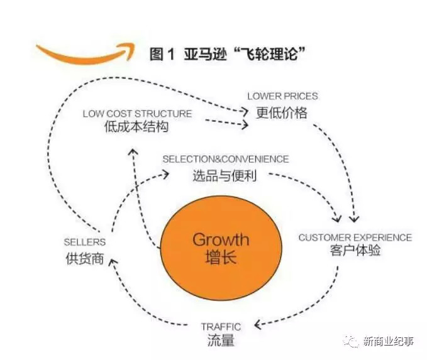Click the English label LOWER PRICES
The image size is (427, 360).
click(x=282, y=96)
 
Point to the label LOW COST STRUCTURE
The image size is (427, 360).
click(x=137, y=114)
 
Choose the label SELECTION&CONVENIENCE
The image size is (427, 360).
click(x=226, y=160)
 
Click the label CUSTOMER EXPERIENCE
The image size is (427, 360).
click(x=355, y=237)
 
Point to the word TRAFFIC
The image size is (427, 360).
click(x=221, y=327)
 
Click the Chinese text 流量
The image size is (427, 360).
click(x=221, y=341)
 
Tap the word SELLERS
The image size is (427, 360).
click(x=85, y=242)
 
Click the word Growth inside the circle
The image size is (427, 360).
click(x=220, y=239)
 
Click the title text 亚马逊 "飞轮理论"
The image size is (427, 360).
click(x=247, y=55)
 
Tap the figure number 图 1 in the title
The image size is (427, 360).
click(x=162, y=55)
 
